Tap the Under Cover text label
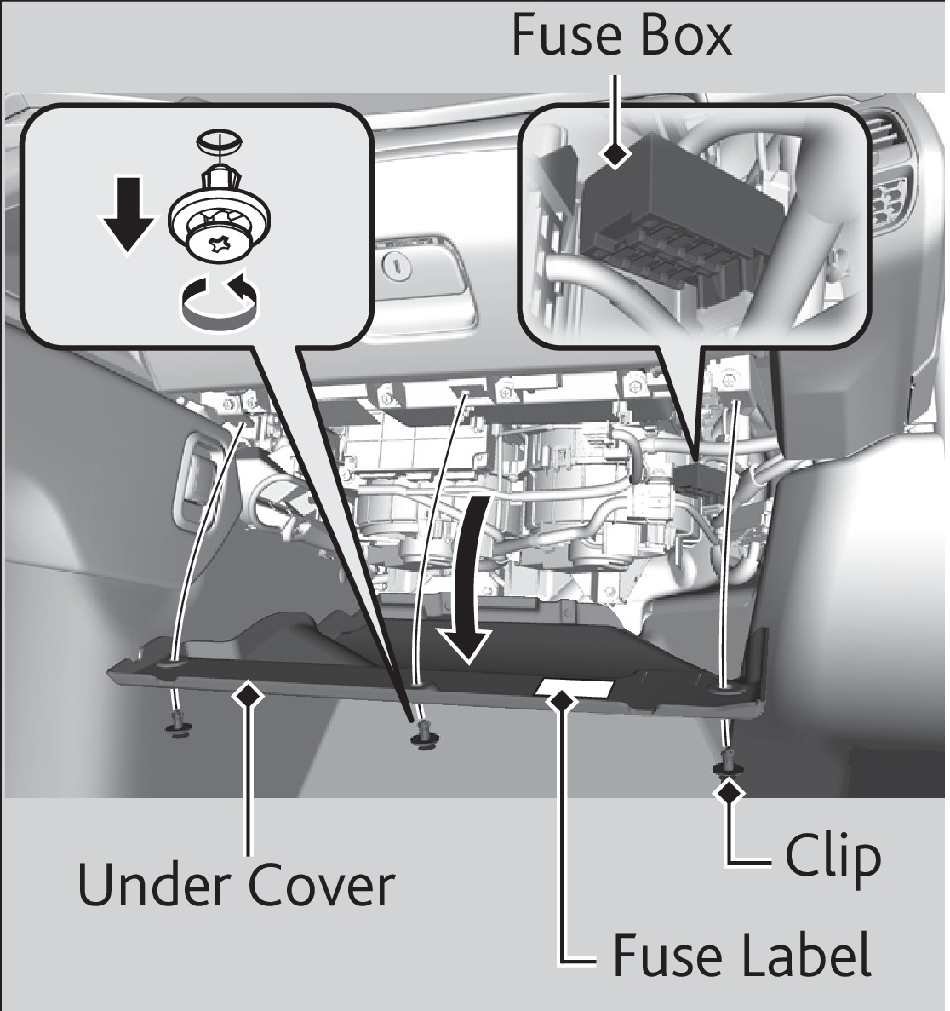click(x=236, y=887)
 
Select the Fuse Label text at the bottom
click(x=741, y=955)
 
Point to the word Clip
click(x=832, y=855)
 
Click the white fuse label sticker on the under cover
click(x=575, y=687)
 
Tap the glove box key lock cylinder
click(x=397, y=269)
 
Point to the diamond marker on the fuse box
click(x=615, y=154)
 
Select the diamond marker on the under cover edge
click(x=249, y=695)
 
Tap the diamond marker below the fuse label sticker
click(x=561, y=700)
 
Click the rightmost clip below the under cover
click(x=725, y=761)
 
